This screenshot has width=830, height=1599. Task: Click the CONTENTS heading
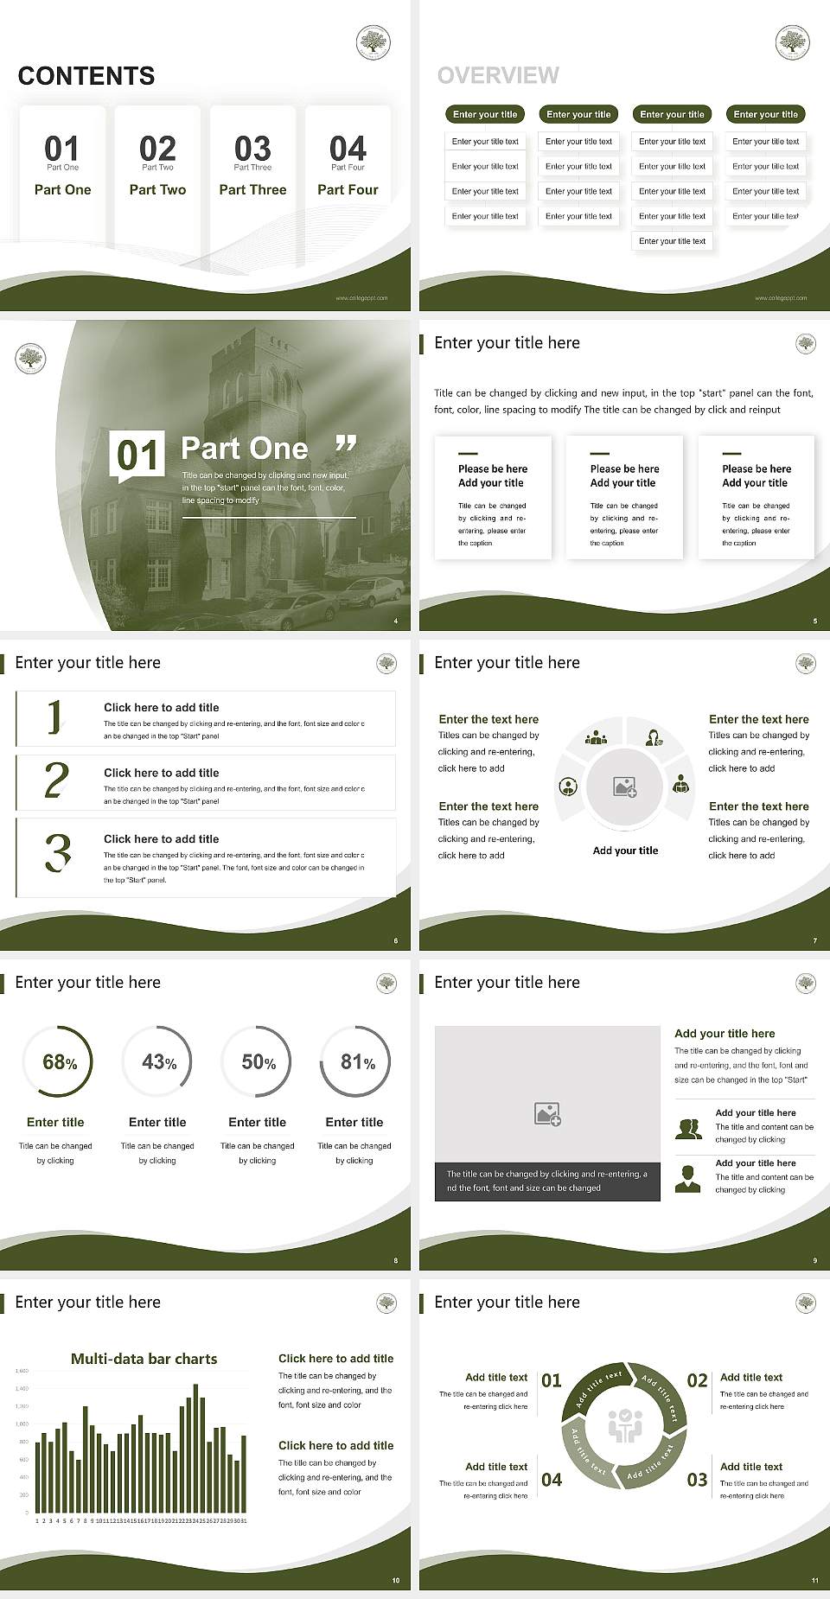tap(86, 76)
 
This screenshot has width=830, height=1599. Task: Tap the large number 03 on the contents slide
tap(252, 149)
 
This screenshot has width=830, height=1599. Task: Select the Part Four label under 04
tap(348, 190)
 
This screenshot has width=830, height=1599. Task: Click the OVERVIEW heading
tap(498, 76)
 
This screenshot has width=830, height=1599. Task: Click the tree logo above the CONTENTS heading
tap(373, 42)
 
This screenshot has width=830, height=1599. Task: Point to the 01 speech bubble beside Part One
tap(137, 455)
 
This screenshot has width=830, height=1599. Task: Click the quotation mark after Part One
tap(346, 444)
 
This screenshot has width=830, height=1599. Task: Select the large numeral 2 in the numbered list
tap(56, 780)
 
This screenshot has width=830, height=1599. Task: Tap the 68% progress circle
tap(57, 1062)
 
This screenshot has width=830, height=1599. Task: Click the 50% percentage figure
tap(258, 1062)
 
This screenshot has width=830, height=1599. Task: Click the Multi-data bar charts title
tap(144, 1359)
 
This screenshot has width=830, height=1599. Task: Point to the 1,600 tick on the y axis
tap(22, 1371)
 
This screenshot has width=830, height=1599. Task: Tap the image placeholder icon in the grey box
tap(548, 1113)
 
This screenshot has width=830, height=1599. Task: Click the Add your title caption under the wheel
tap(625, 850)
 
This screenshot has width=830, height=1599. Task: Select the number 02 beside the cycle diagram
tap(697, 1380)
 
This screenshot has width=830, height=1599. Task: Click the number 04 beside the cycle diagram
tap(552, 1480)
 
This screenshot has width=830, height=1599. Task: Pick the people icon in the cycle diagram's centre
tap(625, 1426)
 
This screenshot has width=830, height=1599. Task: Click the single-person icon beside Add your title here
tap(688, 1178)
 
